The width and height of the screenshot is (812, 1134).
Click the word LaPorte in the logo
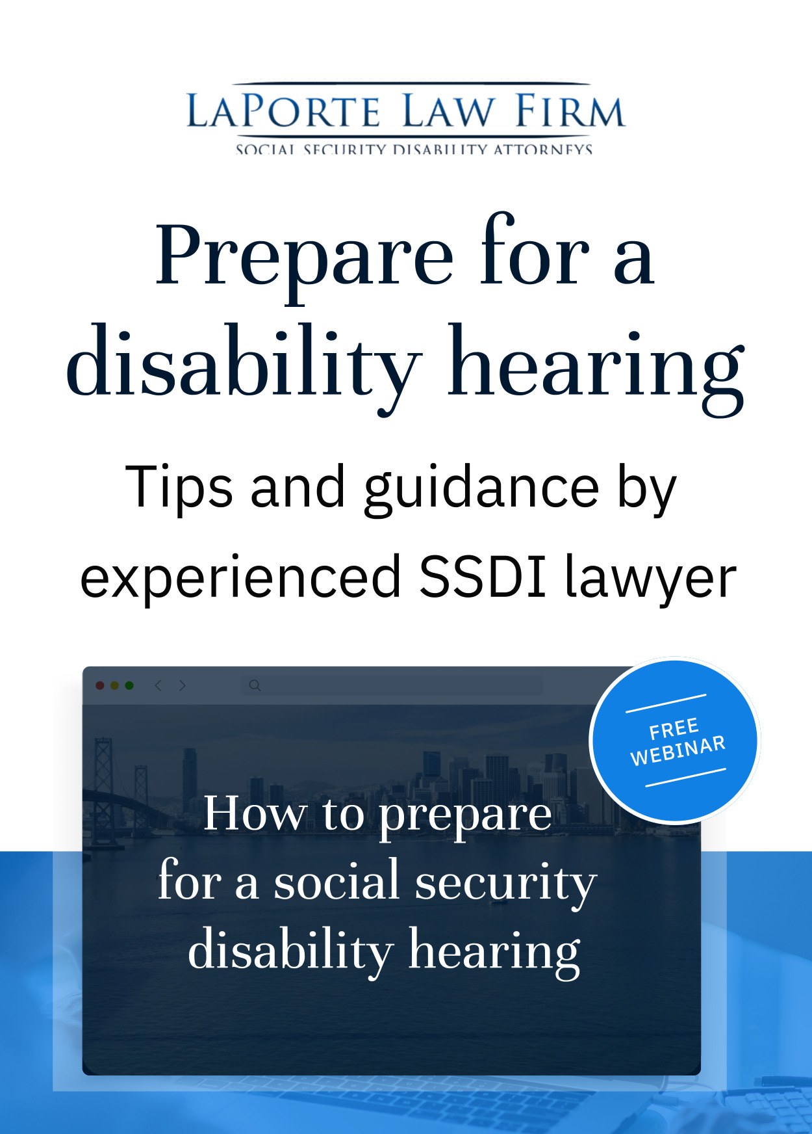click(283, 111)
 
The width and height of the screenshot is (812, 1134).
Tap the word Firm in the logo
click(570, 111)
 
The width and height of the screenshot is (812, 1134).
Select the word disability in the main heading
click(244, 364)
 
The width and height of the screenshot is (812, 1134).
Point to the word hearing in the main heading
click(596, 367)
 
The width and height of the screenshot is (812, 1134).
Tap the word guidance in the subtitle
click(481, 489)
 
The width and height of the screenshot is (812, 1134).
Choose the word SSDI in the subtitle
click(482, 577)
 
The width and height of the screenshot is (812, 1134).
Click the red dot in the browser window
click(100, 685)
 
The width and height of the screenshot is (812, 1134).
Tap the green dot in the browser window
click(129, 685)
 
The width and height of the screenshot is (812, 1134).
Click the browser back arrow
click(158, 685)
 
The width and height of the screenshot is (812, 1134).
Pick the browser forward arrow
click(183, 685)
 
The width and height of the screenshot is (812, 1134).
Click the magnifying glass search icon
click(255, 685)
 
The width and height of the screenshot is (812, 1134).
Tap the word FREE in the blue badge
click(674, 730)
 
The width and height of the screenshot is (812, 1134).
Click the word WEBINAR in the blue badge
click(678, 751)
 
